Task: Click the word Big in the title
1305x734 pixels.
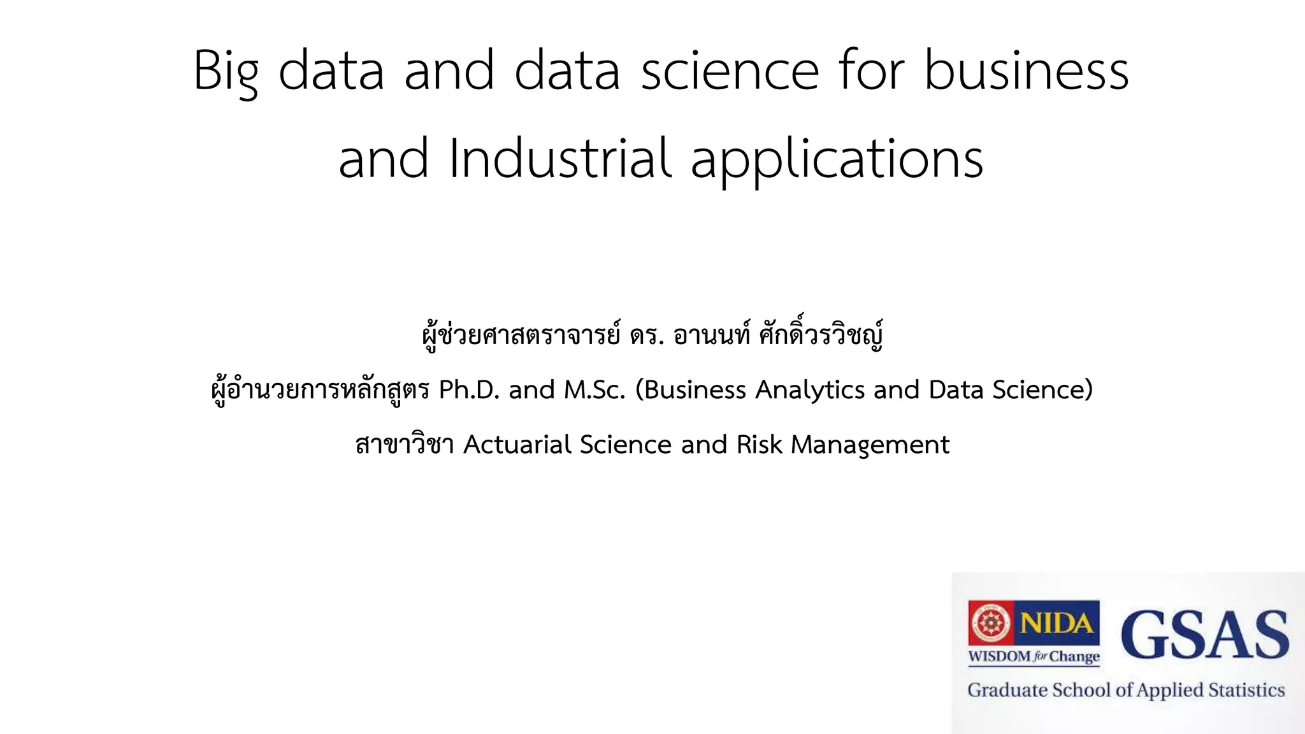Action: coord(226,71)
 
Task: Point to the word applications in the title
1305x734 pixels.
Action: coord(837,159)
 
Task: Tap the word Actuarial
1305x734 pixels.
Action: coord(517,444)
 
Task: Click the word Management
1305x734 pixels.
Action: coord(870,445)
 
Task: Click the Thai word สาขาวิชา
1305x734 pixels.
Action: coord(405,444)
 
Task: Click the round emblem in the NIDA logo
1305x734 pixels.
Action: coord(990,622)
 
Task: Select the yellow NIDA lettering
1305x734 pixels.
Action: coord(1056,622)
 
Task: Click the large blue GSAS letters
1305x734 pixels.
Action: coord(1204,634)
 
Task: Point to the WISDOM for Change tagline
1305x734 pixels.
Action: coord(1034,656)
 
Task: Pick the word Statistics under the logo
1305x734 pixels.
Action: coord(1246,690)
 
